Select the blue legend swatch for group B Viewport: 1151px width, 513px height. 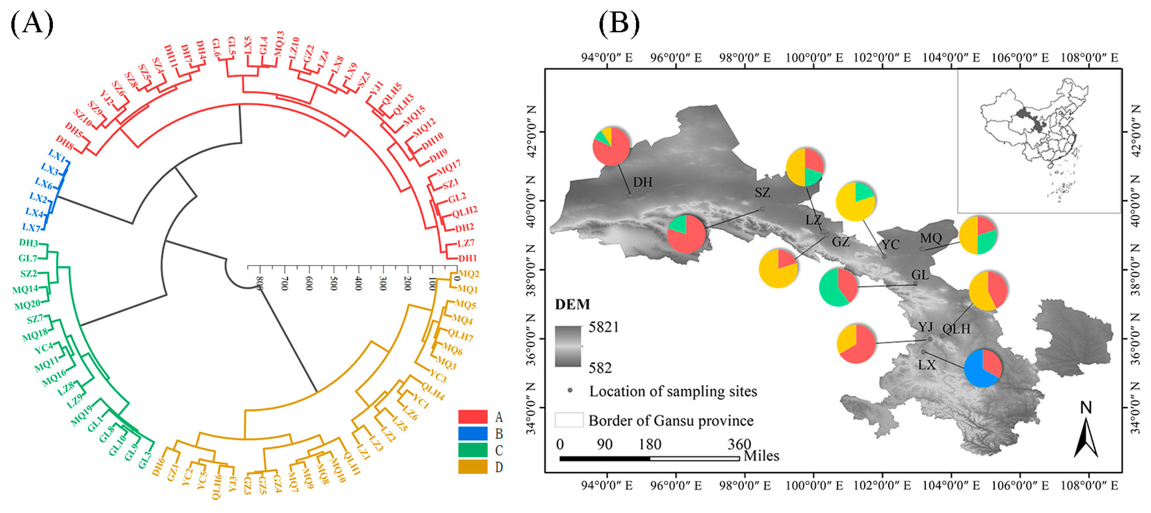click(472, 434)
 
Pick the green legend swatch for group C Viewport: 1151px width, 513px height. click(472, 450)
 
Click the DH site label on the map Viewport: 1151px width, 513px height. click(642, 182)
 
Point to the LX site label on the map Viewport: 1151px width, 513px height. click(927, 365)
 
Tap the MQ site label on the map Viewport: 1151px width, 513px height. click(931, 238)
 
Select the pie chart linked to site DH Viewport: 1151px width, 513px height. click(611, 146)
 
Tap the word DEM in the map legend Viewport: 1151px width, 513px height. click(572, 304)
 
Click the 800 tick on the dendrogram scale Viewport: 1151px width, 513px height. click(259, 283)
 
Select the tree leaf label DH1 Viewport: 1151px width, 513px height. click(467, 258)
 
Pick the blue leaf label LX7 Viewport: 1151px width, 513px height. click(31, 227)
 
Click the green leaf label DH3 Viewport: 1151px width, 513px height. click(29, 243)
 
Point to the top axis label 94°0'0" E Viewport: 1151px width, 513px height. click(607, 58)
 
